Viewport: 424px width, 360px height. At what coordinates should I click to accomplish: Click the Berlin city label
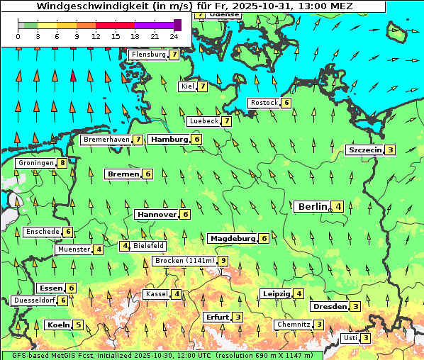tap(312, 206)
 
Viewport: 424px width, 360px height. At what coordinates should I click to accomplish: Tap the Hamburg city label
tap(169, 140)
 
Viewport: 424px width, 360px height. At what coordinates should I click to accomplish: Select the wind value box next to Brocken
tap(223, 261)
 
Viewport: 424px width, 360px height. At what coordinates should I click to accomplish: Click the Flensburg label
tap(148, 55)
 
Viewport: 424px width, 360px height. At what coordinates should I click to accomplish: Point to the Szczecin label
tap(364, 150)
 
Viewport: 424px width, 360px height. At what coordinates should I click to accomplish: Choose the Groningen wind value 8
tap(62, 163)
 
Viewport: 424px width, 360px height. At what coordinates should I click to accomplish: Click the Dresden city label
tap(329, 306)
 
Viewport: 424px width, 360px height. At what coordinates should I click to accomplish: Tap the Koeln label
tap(57, 325)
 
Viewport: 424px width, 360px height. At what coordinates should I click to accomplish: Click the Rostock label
tap(264, 103)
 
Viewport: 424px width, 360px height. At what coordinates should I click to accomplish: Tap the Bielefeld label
tap(148, 246)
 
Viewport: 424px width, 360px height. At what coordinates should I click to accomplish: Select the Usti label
tap(350, 338)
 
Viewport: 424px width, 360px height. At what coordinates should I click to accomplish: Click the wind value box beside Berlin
tap(339, 207)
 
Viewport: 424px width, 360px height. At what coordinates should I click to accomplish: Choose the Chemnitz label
tap(294, 325)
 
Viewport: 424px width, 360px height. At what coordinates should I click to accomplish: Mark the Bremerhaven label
tap(106, 140)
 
